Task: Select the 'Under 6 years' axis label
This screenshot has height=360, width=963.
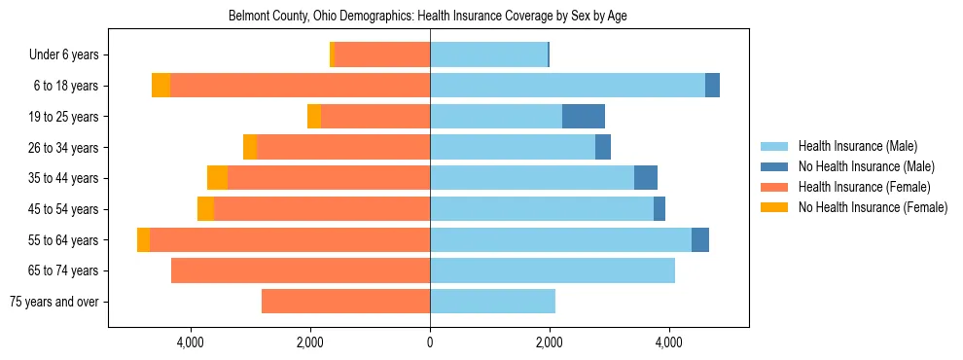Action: tap(64, 55)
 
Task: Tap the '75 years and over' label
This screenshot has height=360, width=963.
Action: tap(53, 302)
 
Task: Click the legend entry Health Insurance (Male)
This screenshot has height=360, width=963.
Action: tap(857, 146)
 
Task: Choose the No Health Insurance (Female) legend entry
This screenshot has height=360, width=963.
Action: tap(873, 207)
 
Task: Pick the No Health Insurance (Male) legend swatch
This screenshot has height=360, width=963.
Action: tap(776, 166)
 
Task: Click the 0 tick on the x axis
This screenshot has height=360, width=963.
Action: tap(430, 342)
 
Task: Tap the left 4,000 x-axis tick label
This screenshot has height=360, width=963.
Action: tap(191, 342)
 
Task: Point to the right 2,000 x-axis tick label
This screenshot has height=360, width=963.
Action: tap(550, 342)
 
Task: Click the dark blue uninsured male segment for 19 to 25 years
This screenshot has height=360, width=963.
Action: tap(584, 117)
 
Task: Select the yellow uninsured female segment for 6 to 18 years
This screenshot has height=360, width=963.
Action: tap(160, 86)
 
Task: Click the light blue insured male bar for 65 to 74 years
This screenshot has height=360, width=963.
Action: tap(553, 270)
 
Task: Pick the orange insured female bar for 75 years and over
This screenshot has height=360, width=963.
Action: tap(345, 302)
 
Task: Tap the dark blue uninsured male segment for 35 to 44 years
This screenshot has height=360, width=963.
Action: tap(646, 178)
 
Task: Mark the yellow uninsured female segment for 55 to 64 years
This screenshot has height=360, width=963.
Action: tap(144, 239)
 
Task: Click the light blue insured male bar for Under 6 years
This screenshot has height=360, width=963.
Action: tap(488, 55)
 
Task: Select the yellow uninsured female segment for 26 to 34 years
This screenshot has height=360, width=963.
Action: tap(250, 147)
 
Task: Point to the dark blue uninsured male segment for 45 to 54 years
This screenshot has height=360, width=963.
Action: tap(660, 209)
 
